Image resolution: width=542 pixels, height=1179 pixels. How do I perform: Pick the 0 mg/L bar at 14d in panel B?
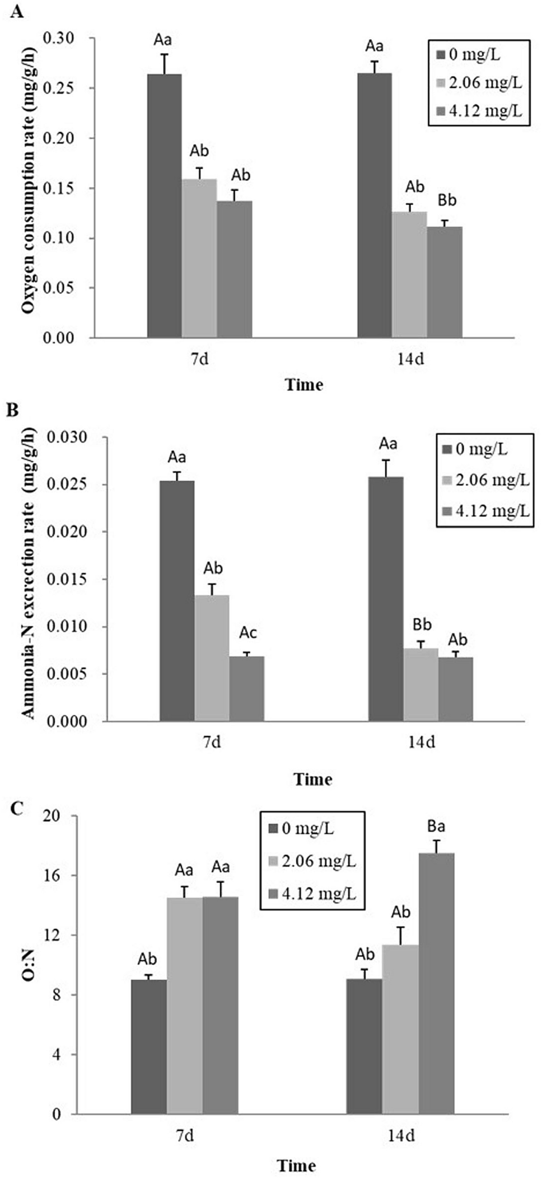tap(385, 599)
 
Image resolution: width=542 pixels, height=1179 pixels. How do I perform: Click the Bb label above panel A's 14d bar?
tap(447, 200)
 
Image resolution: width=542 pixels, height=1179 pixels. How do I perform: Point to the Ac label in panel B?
tap(248, 633)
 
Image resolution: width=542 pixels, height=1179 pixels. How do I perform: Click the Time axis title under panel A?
tap(304, 385)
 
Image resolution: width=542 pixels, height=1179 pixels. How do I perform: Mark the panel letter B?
tap(12, 410)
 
